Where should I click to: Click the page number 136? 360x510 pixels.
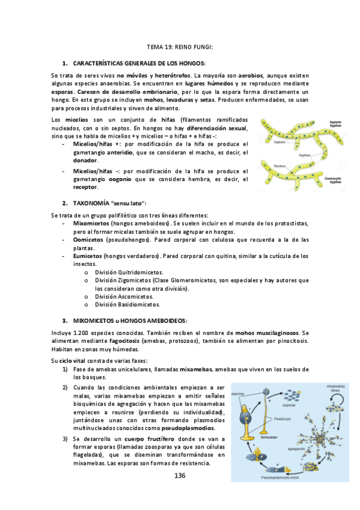(x=180, y=475)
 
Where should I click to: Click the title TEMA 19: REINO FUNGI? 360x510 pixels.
(x=180, y=46)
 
